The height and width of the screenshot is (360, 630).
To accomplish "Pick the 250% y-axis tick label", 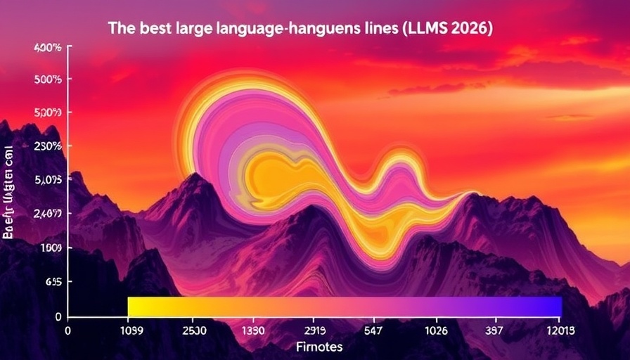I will (48, 146).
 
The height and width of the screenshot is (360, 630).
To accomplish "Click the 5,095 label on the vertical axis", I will (48, 179).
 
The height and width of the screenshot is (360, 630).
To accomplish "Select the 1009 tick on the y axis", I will (51, 247).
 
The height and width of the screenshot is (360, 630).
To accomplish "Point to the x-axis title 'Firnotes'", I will (320, 347).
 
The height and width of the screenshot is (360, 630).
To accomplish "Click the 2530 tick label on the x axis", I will (194, 330).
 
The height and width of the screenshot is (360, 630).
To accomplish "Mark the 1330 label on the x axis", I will (253, 330).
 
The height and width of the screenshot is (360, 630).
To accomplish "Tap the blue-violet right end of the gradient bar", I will (552, 307).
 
